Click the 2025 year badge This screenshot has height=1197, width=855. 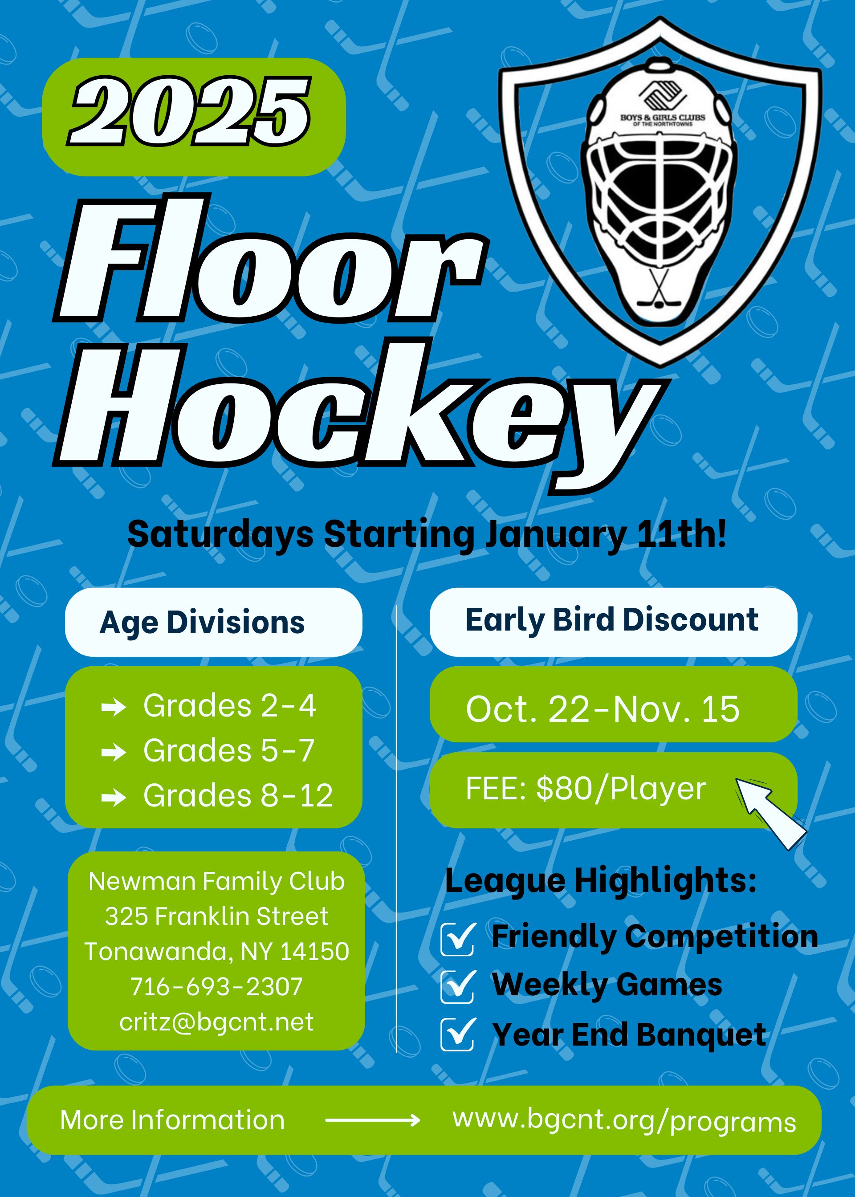click(x=194, y=117)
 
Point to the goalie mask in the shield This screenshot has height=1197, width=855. click(x=659, y=191)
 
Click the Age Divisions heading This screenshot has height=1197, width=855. click(x=202, y=623)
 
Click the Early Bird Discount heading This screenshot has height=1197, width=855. click(x=612, y=620)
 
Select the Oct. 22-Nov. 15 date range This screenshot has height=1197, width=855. click(x=603, y=709)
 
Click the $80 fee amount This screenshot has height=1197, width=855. click(x=558, y=789)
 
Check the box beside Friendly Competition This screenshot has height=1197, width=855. click(x=457, y=939)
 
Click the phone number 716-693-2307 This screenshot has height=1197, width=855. click(x=216, y=986)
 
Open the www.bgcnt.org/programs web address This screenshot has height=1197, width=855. click(x=624, y=1121)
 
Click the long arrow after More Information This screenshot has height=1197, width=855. click(x=373, y=1120)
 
